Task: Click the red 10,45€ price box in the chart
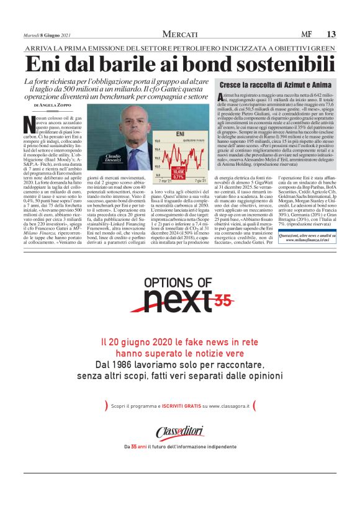click(179, 171)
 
